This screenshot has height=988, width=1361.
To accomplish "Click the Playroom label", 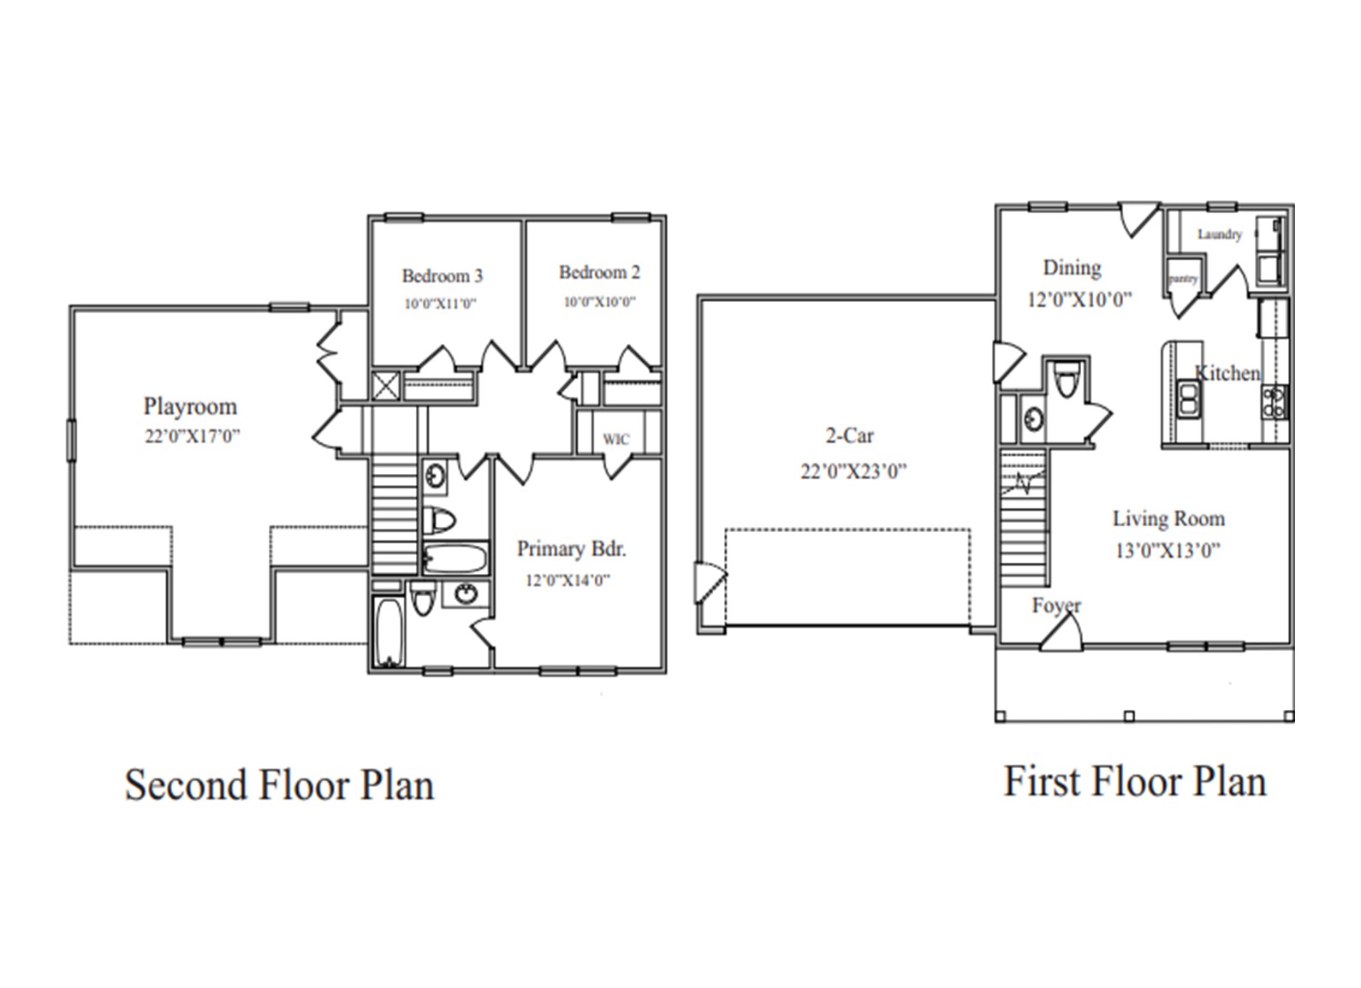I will (x=190, y=406).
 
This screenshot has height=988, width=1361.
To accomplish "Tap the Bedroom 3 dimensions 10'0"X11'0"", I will (x=440, y=304).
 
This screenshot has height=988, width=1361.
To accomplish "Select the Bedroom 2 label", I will (x=599, y=273).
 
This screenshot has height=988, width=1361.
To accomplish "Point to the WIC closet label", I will (x=615, y=440).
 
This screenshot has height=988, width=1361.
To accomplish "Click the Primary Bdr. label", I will (x=571, y=549).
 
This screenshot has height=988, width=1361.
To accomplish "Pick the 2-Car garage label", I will (x=849, y=436).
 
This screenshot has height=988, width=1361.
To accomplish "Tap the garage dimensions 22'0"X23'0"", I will (x=853, y=471).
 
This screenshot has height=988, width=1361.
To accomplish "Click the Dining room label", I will (x=1072, y=269).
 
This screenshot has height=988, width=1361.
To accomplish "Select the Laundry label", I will (x=1219, y=234).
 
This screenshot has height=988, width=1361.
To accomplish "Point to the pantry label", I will (x=1183, y=279).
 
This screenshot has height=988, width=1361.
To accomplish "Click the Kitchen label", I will (x=1227, y=374).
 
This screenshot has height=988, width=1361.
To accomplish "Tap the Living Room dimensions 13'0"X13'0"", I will (x=1167, y=551).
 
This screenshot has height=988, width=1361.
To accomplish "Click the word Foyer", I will (x=1056, y=606).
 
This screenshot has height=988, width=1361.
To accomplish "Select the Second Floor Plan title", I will (x=279, y=785).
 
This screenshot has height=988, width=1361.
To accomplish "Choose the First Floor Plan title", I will (x=1134, y=782).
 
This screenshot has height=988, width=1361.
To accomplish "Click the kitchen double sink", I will (x=1188, y=399).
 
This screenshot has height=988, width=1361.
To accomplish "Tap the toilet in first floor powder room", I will (x=1066, y=380).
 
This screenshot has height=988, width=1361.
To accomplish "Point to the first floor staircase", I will (x=1024, y=522).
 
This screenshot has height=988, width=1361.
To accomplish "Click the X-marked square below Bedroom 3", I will (x=386, y=386).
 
